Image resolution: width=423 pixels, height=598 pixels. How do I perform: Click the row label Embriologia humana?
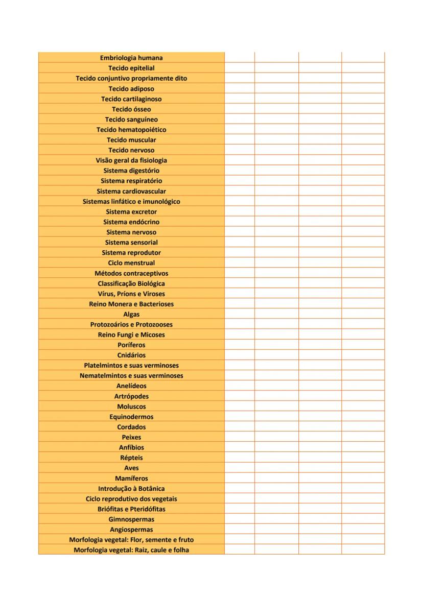click(x=131, y=58)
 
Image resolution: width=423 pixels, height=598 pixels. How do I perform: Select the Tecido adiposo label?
click(x=131, y=89)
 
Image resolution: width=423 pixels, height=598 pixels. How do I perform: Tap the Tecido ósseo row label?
click(x=131, y=109)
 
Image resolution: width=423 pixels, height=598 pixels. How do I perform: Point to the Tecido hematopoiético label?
click(x=131, y=130)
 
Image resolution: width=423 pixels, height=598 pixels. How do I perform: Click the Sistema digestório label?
click(x=131, y=171)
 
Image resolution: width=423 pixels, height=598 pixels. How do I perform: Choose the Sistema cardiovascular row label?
click(x=131, y=191)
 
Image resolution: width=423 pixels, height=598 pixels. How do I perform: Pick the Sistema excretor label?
click(x=131, y=211)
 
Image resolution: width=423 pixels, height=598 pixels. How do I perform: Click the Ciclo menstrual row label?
click(x=131, y=263)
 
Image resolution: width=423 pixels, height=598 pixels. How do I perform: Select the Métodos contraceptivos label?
click(x=131, y=273)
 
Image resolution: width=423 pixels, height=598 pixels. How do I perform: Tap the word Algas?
click(x=131, y=314)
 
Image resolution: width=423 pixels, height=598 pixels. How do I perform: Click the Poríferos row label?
click(x=131, y=345)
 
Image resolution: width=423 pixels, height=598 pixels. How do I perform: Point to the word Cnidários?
click(x=131, y=355)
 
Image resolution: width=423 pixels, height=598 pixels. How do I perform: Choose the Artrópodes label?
click(x=131, y=396)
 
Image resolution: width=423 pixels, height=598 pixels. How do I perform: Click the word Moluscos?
click(x=131, y=406)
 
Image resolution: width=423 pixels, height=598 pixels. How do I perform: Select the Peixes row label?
click(x=131, y=437)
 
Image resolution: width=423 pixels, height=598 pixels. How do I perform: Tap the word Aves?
click(x=131, y=468)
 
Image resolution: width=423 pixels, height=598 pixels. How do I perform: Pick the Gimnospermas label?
click(x=131, y=519)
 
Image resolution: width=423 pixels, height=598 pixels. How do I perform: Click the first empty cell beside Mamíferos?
click(x=239, y=479)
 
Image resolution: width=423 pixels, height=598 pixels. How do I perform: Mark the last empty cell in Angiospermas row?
click(x=363, y=530)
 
